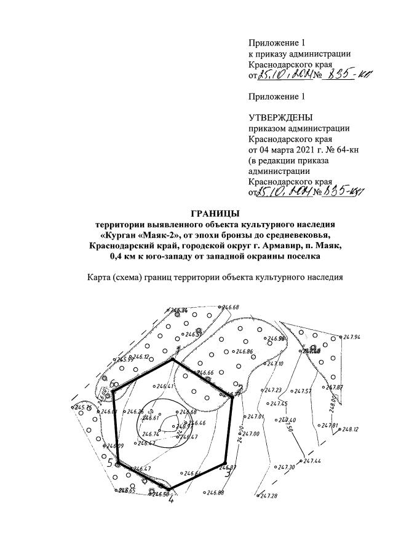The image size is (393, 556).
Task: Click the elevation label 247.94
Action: click(x=352, y=337)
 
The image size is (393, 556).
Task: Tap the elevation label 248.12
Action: click(x=351, y=429)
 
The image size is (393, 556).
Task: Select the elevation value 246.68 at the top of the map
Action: click(x=231, y=307)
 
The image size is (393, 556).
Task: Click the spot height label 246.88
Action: click(x=216, y=493)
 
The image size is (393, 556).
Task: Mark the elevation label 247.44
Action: click(x=312, y=460)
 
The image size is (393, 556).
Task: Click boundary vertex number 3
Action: click(x=227, y=473)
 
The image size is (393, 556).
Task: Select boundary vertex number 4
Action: click(x=171, y=499)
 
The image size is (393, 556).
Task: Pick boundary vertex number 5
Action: click(x=110, y=464)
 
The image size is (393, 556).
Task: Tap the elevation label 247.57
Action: click(x=303, y=391)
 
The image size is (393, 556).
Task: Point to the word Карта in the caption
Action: click(x=101, y=277)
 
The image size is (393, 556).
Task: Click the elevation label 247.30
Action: click(x=287, y=468)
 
